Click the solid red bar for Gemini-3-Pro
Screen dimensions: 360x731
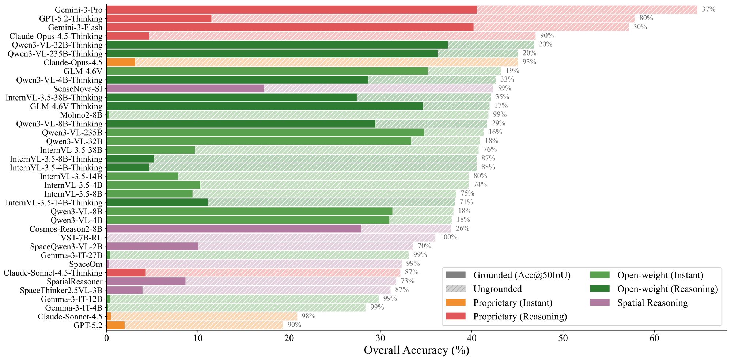(x=291, y=10)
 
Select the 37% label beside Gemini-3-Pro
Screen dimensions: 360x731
(x=708, y=10)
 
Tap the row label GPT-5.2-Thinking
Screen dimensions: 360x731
(x=71, y=19)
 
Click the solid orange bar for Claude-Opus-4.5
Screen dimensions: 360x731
(x=121, y=62)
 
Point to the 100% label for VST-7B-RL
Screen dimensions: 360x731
(x=448, y=237)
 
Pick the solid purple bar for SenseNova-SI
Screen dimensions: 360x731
(x=185, y=89)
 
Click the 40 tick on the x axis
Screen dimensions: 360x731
(x=471, y=338)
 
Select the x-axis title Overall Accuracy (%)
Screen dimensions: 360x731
(x=416, y=350)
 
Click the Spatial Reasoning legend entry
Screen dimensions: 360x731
(x=652, y=303)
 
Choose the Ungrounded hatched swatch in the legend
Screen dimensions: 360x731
(x=455, y=289)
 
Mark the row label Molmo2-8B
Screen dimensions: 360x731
(x=81, y=115)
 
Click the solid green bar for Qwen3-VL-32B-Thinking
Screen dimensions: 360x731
(x=277, y=45)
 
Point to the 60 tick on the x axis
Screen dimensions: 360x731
(x=654, y=338)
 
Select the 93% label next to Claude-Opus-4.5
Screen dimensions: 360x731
(x=529, y=62)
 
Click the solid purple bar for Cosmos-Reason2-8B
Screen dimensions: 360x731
(x=234, y=229)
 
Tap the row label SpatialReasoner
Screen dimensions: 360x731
(x=75, y=282)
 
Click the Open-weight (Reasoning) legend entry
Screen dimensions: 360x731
(x=667, y=289)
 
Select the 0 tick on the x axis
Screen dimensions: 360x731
(x=106, y=338)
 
